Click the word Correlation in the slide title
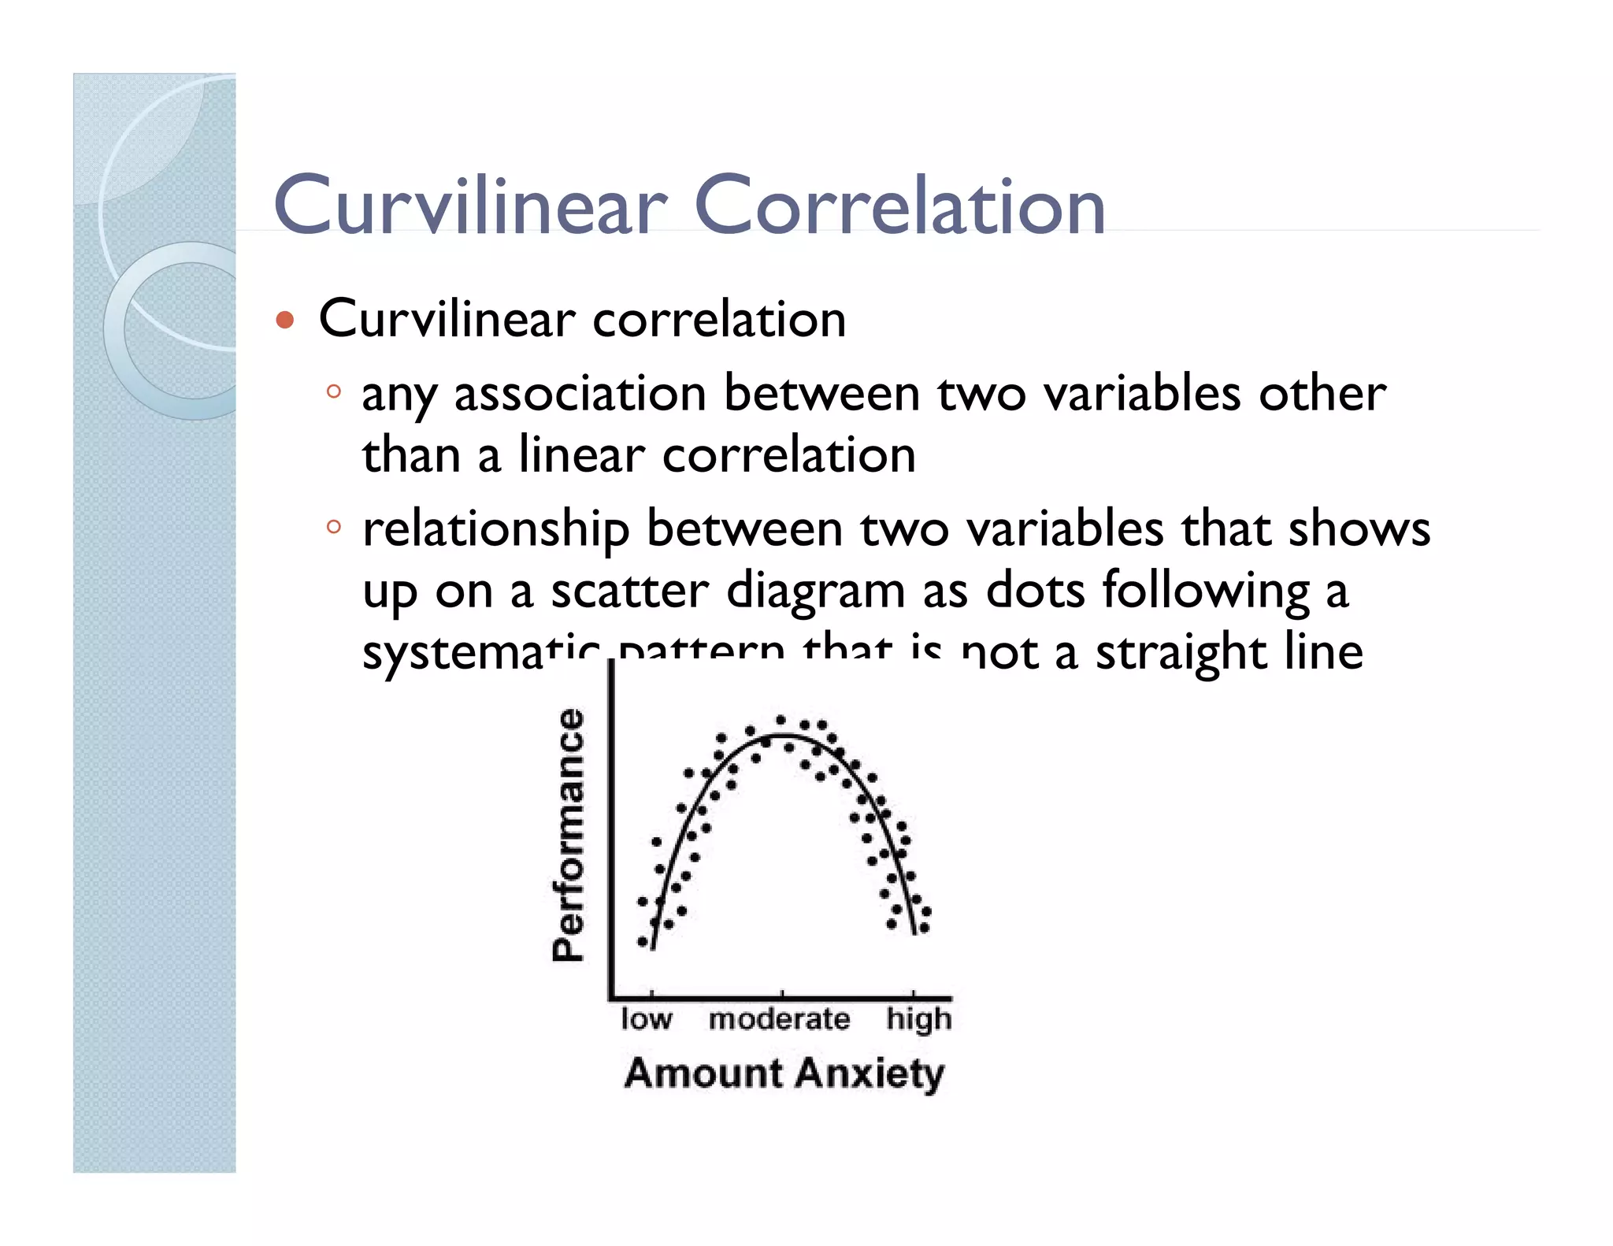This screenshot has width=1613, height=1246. tap(899, 206)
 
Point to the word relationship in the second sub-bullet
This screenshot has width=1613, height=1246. tap(495, 529)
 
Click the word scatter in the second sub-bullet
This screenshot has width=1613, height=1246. tap(629, 591)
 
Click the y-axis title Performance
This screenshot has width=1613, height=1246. tap(569, 835)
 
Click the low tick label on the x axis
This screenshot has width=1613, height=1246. tap(646, 1019)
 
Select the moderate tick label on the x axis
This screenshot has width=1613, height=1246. tap(779, 1019)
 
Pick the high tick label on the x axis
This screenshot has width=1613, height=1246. tap(918, 1019)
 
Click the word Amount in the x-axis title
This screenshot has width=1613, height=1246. tap(703, 1074)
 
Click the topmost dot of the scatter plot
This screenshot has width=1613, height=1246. tap(781, 719)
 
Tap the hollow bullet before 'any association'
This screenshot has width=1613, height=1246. tap(334, 391)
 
